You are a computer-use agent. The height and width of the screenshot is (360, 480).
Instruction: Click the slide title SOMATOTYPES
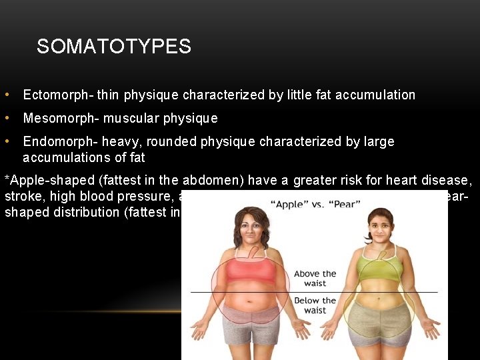point(114,46)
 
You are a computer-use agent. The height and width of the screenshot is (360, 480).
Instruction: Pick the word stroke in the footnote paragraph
point(21,196)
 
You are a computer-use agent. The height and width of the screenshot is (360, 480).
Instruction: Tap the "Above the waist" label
point(315,279)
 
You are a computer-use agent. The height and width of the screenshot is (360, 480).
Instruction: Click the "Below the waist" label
point(315,305)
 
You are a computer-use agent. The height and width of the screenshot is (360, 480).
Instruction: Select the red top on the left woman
point(251,271)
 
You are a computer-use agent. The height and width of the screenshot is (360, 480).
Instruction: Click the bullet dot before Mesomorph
point(6,118)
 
